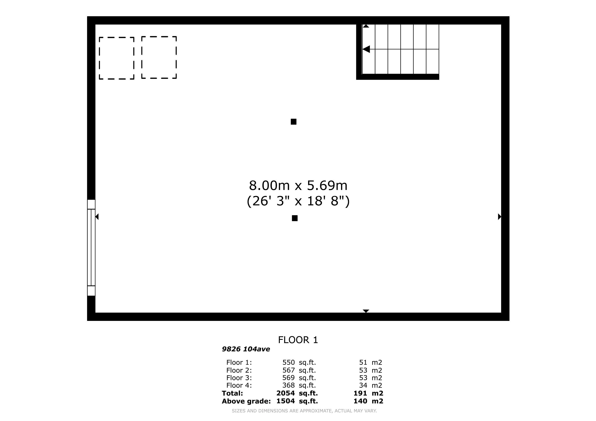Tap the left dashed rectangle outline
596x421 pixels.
click(99, 58)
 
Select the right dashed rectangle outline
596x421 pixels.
click(142, 57)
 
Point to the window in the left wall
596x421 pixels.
click(91, 248)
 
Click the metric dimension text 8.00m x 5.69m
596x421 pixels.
click(298, 185)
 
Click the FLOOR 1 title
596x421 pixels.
click(298, 340)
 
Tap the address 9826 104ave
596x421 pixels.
click(246, 349)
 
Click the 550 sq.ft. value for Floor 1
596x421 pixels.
click(299, 362)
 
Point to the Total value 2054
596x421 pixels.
click(285, 393)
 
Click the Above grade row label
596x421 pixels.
click(246, 401)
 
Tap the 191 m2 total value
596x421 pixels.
click(368, 393)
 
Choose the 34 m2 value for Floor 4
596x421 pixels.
click(370, 385)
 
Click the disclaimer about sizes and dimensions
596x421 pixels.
click(304, 411)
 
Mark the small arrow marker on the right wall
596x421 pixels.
click(499, 216)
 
